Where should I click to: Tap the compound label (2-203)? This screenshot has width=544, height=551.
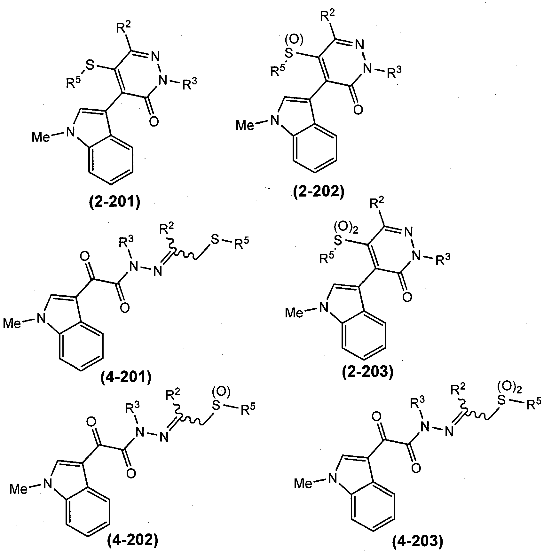367,372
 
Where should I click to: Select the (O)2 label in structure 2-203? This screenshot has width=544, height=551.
346,229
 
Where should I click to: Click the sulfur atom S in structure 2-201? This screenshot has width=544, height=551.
91,66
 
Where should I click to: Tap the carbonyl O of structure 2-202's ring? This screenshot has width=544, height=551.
358,110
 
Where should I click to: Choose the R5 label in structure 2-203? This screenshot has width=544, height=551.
327,258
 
